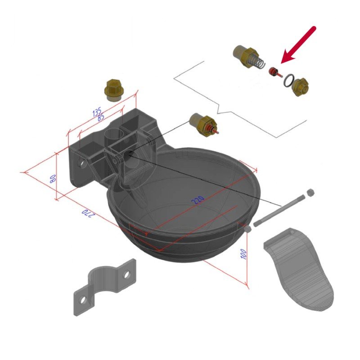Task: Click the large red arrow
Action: (298, 45)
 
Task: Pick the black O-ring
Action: (288, 81)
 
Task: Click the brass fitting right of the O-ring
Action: (300, 86)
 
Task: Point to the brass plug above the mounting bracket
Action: (113, 90)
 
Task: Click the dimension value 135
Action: (97, 112)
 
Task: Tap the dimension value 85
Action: (101, 118)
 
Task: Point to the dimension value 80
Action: (53, 179)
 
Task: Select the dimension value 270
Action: (88, 213)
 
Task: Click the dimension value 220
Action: (198, 200)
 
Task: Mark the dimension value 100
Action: (243, 254)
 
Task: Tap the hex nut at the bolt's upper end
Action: (310, 193)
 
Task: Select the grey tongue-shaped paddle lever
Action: (299, 269)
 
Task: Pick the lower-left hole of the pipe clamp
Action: (83, 300)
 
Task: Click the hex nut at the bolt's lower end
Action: (247, 229)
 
